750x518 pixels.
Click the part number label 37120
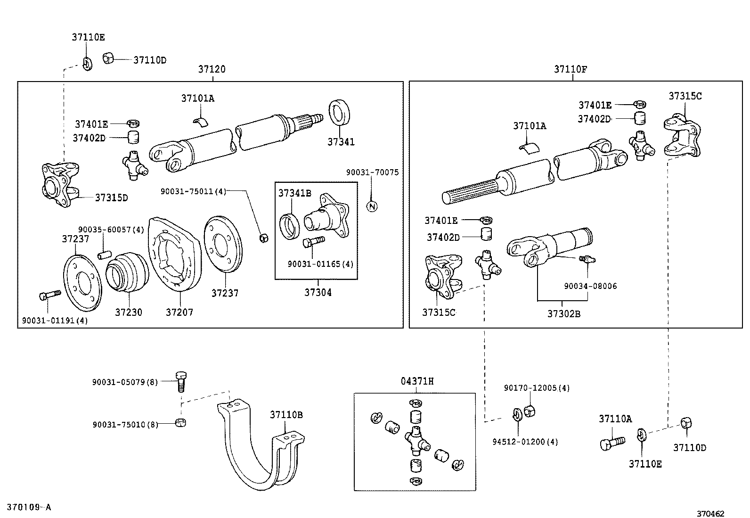[x=212, y=69]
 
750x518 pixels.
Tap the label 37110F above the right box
[x=570, y=69]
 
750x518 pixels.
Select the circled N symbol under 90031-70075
[x=372, y=206]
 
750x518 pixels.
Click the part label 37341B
[x=294, y=193]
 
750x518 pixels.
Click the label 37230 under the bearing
[x=129, y=312]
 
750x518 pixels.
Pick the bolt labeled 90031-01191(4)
[x=49, y=296]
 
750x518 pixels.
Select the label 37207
[x=179, y=312]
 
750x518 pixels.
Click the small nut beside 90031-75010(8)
[x=180, y=422]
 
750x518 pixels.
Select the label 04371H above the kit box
[x=417, y=381]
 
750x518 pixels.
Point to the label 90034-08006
[x=590, y=286]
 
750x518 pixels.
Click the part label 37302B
[x=563, y=313]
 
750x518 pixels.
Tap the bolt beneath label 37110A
[x=611, y=443]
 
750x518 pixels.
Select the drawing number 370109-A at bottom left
[x=28, y=508]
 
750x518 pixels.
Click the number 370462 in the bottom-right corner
[x=710, y=514]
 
